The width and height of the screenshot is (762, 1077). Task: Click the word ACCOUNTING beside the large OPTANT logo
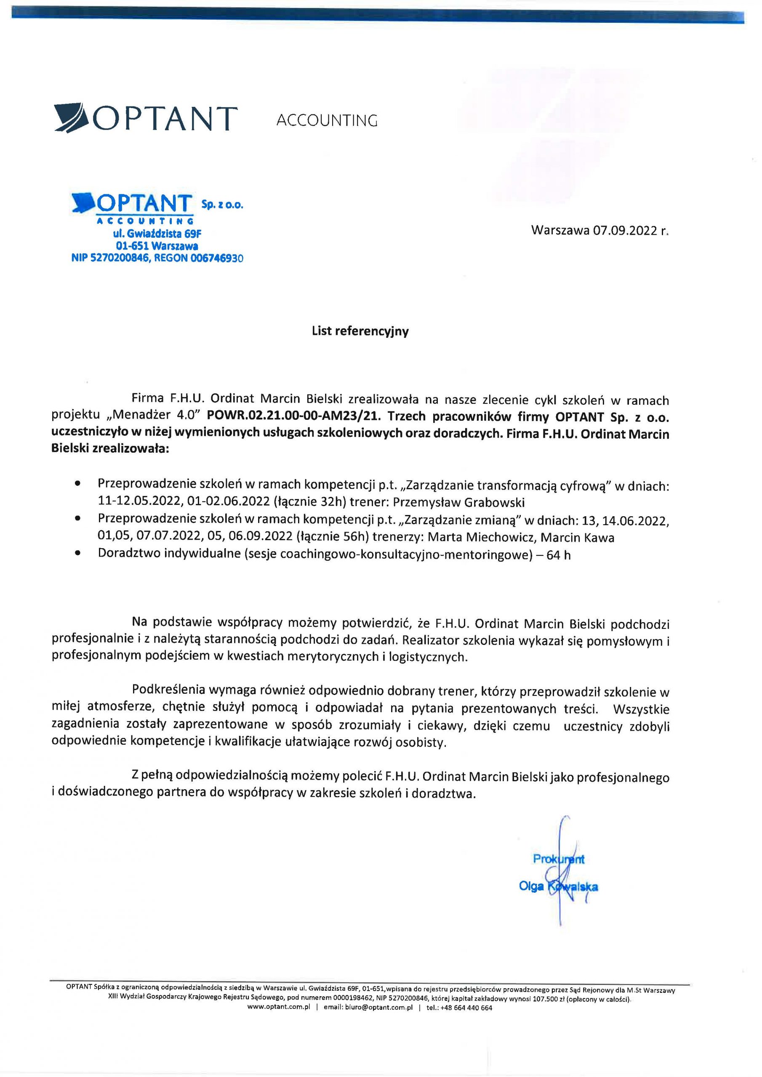point(327,121)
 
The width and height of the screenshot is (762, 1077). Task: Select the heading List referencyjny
point(360,331)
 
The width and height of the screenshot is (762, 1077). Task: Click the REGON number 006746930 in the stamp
point(217,257)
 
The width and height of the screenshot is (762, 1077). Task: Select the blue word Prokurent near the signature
point(558,859)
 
